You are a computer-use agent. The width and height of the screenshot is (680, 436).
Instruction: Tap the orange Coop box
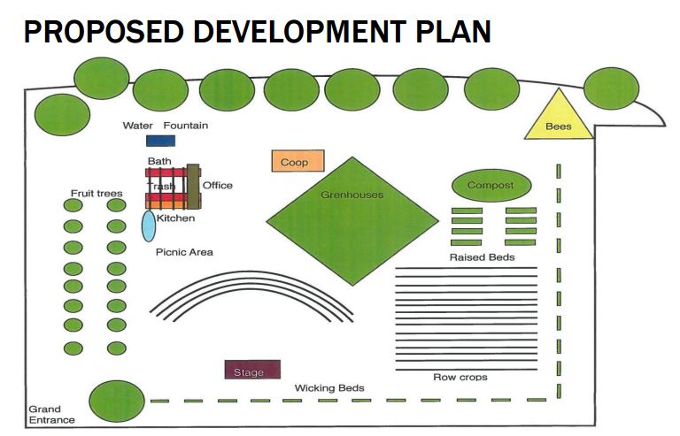(297, 161)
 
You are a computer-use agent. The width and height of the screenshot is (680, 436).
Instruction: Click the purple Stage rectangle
(252, 371)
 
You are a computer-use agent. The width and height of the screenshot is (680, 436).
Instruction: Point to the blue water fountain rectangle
(160, 141)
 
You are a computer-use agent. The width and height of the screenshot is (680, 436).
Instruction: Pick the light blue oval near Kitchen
(149, 225)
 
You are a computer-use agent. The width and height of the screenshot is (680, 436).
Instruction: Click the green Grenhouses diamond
(352, 220)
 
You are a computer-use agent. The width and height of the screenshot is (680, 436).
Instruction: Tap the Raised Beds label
(482, 257)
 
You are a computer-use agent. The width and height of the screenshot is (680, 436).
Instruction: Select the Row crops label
(460, 378)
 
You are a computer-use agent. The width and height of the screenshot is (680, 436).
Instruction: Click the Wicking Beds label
(329, 388)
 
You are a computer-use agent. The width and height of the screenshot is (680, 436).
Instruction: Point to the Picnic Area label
(184, 252)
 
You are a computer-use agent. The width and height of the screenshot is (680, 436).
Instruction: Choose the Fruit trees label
(97, 193)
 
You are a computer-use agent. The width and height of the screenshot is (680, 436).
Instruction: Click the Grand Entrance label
(51, 415)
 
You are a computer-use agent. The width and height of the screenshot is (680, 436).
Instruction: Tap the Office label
(218, 185)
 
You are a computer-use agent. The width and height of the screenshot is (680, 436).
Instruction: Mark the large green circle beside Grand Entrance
(117, 402)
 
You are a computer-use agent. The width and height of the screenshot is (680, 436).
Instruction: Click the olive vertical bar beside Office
(192, 183)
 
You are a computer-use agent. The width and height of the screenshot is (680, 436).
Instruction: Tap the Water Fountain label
(166, 126)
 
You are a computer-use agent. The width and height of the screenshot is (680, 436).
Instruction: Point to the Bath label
(159, 161)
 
